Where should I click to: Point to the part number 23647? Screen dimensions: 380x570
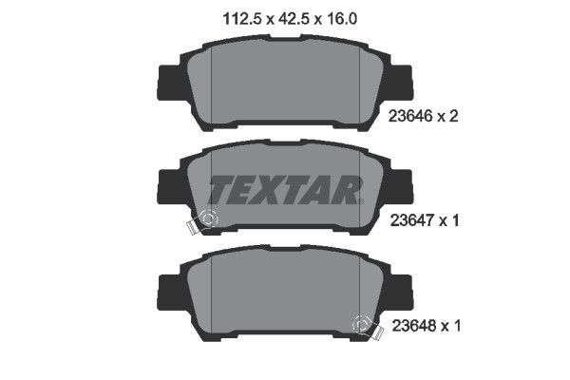[x=411, y=220]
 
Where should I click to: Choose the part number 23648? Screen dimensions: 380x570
[x=411, y=326]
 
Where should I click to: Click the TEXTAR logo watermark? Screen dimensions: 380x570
[x=284, y=189]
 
